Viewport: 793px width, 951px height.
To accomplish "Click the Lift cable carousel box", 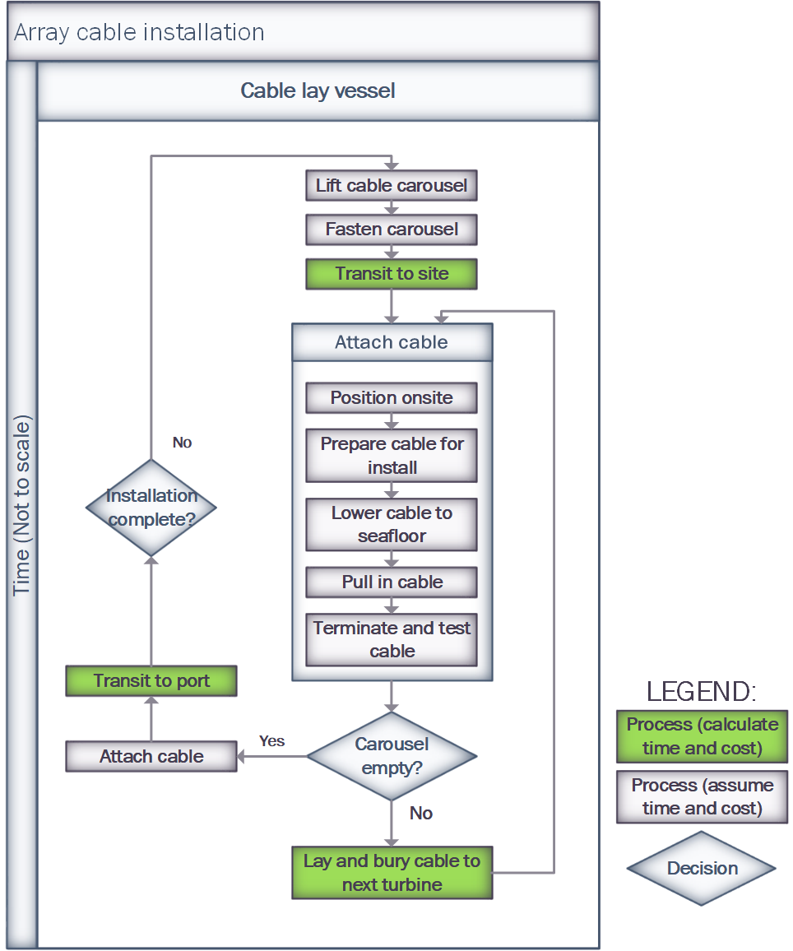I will tap(392, 185).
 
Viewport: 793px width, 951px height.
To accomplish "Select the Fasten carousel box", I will tap(392, 230).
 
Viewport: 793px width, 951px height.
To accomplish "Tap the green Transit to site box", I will tap(392, 274).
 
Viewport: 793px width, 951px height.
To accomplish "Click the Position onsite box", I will tap(392, 398).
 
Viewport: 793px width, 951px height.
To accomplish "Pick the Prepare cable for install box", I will tap(392, 456).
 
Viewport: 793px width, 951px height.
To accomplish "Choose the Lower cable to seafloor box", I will tap(392, 525).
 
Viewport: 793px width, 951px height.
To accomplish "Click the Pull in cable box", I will tap(392, 582).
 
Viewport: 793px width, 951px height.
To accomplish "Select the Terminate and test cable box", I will tap(392, 640).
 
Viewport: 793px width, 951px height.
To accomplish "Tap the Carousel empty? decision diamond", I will tap(392, 755).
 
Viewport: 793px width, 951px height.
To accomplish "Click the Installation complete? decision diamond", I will tap(151, 508).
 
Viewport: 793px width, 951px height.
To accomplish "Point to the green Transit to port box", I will tap(151, 681).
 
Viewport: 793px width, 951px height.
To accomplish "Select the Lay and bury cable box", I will tap(392, 873).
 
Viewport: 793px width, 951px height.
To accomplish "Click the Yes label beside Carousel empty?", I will tap(271, 741).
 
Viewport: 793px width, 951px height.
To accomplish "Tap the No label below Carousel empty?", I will tap(421, 813).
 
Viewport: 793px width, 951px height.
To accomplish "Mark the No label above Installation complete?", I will tap(182, 443).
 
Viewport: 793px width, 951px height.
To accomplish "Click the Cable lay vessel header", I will tap(318, 90).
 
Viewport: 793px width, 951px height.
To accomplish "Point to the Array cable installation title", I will tap(140, 33).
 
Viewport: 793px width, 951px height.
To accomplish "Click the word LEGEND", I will tap(701, 692).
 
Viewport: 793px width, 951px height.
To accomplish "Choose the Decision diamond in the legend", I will tap(702, 869).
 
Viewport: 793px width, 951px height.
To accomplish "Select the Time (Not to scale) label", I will tap(22, 505).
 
